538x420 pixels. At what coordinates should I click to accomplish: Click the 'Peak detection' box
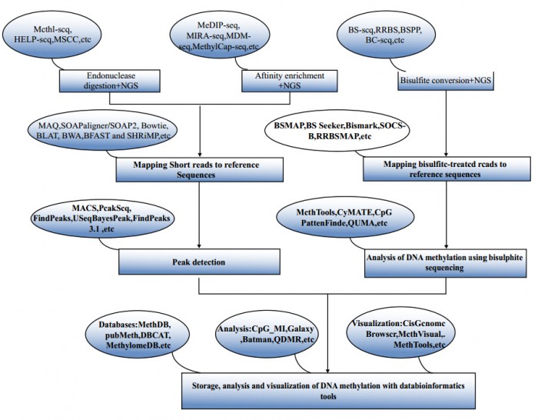tap(199, 262)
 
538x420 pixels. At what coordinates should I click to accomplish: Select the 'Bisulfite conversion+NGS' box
tap(446, 81)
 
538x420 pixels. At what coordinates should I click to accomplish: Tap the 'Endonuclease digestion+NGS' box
tap(110, 81)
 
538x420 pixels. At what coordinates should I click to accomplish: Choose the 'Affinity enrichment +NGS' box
tap(290, 81)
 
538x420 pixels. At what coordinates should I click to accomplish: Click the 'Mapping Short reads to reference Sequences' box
tap(199, 170)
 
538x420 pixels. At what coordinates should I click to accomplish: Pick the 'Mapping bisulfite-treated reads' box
tap(447, 169)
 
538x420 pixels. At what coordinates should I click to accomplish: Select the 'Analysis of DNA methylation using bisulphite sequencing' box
tap(445, 263)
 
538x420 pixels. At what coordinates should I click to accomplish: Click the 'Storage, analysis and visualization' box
tap(328, 391)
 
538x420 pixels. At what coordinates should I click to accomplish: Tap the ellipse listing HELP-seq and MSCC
tap(52, 35)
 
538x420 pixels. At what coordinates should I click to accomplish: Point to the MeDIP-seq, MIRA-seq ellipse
tap(219, 35)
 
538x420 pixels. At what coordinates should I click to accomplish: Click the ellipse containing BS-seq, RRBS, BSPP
tap(387, 35)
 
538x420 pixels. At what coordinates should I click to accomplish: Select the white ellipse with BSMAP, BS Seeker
tap(337, 131)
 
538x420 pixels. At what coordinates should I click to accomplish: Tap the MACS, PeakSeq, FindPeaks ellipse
tap(102, 218)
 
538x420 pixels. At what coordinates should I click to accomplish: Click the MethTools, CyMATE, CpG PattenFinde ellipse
tap(345, 218)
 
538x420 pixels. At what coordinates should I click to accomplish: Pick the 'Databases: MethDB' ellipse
tap(138, 335)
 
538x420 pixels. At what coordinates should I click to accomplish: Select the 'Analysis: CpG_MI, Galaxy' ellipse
tap(267, 334)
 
